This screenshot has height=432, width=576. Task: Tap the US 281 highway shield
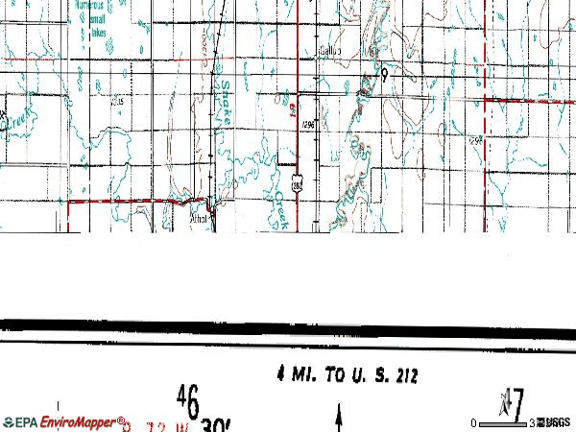(x=297, y=183)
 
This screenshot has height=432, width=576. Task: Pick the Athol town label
(x=199, y=217)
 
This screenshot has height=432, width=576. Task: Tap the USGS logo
(x=554, y=422)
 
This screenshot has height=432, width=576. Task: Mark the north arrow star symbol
(x=503, y=397)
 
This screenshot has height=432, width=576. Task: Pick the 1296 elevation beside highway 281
(x=307, y=124)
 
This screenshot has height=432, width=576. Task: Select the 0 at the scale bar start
(x=474, y=422)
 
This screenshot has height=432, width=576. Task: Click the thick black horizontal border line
(x=288, y=326)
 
